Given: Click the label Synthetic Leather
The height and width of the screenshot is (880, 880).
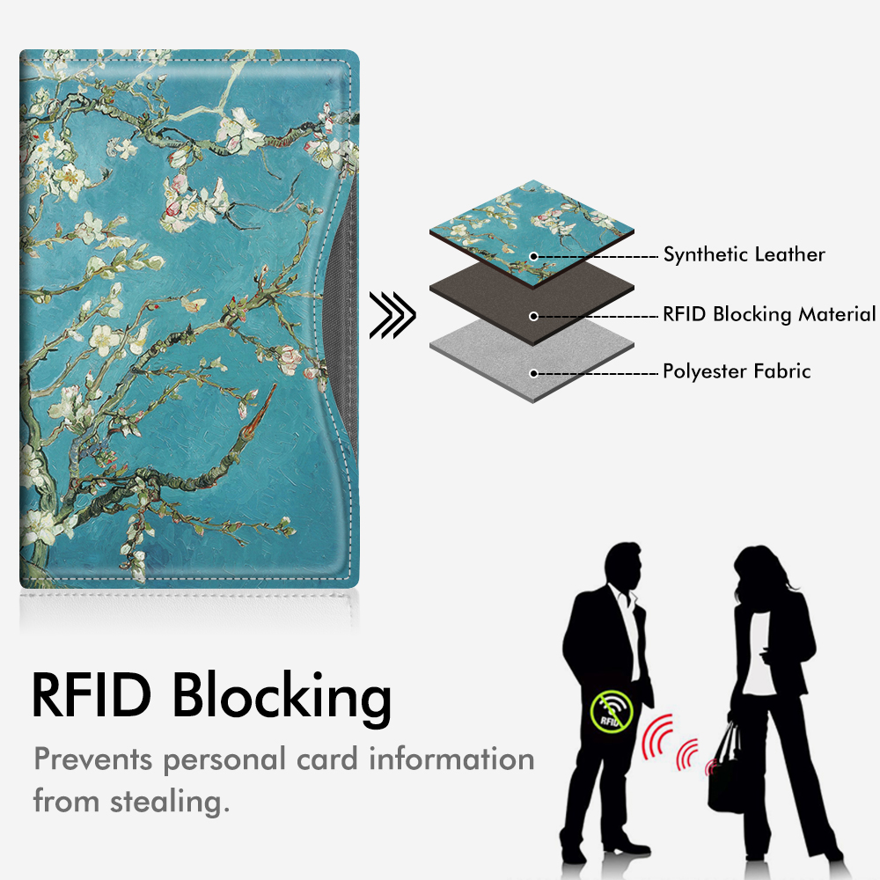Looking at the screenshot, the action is [x=744, y=254].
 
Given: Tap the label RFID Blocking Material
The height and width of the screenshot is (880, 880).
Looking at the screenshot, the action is [x=769, y=314].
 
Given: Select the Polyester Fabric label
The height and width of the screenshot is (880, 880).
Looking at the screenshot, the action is [x=737, y=371].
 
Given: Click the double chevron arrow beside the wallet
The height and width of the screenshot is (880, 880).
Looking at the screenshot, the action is [x=392, y=315].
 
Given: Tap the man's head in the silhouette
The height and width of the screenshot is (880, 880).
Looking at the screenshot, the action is [x=623, y=566].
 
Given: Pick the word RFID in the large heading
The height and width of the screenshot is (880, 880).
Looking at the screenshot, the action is [x=92, y=695].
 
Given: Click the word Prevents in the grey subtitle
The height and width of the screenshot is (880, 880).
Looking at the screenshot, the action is [x=93, y=759].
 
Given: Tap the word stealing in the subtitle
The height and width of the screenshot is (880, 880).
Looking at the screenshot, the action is [x=170, y=802].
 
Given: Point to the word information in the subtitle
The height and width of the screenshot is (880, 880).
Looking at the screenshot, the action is [x=451, y=759].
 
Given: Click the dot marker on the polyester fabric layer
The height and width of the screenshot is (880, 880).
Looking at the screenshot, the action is [x=534, y=373].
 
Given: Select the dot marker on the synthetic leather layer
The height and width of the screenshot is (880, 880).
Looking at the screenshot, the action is [x=534, y=256].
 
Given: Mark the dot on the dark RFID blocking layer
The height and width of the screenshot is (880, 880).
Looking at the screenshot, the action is [x=534, y=317].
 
